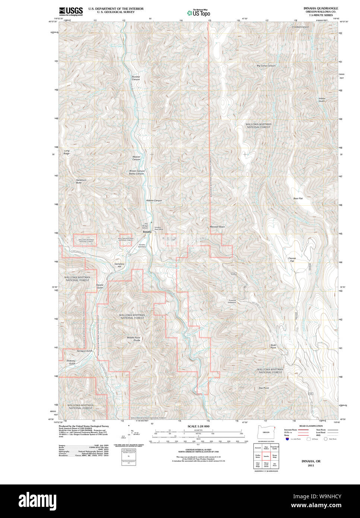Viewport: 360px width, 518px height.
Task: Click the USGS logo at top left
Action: tap(71, 10)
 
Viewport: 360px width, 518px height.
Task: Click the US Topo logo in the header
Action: tap(199, 13)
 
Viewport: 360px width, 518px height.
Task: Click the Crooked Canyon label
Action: tap(300, 27)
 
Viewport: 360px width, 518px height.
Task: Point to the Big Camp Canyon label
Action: tap(266, 66)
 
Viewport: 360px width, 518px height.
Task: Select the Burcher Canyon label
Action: tap(136, 78)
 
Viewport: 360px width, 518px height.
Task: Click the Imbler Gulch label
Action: tap(322, 100)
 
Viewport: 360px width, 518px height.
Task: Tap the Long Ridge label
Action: tap(66, 152)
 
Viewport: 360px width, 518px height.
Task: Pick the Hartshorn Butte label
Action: tap(81, 181)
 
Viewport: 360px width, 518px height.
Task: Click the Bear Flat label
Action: tap(298, 199)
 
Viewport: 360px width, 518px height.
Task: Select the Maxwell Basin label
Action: tap(217, 227)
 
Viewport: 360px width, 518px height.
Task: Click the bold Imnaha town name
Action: tap(147, 232)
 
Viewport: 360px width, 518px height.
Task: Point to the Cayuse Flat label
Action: tap(292, 259)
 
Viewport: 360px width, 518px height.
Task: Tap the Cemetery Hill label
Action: tap(119, 265)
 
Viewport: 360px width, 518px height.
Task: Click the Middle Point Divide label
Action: tap(133, 339)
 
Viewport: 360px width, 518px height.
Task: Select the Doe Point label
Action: tap(263, 388)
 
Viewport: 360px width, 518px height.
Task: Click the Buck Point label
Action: tap(273, 346)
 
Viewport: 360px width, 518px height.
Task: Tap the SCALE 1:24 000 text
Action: tap(198, 426)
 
